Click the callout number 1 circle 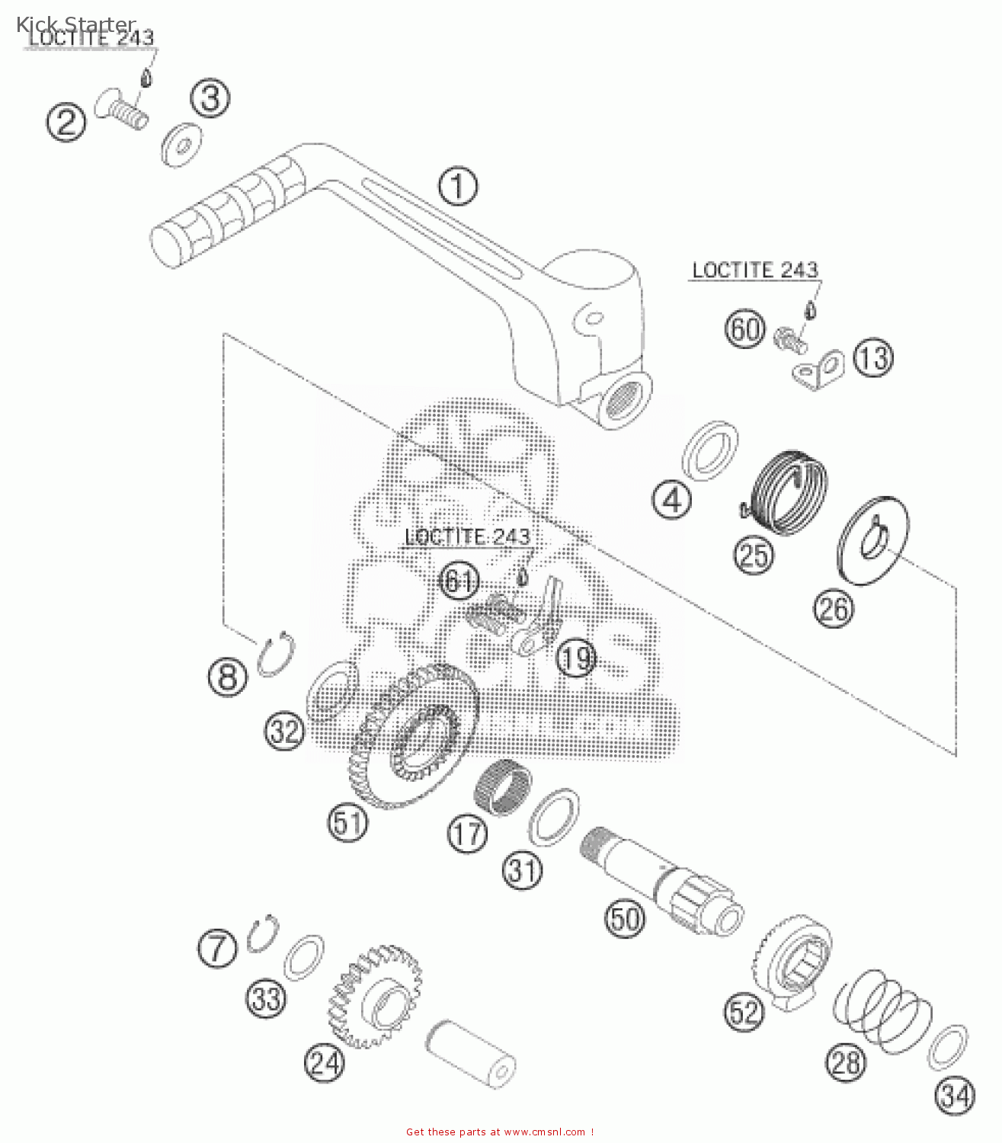click(x=458, y=186)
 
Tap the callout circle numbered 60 click(x=744, y=329)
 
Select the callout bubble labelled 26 click(x=834, y=609)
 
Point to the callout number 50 click(x=625, y=919)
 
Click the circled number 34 click(x=955, y=1096)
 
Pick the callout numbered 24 click(x=325, y=1062)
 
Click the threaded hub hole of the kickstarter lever click(x=626, y=398)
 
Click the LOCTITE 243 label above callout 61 click(x=467, y=537)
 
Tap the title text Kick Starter click(x=76, y=25)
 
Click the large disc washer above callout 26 click(x=872, y=540)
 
